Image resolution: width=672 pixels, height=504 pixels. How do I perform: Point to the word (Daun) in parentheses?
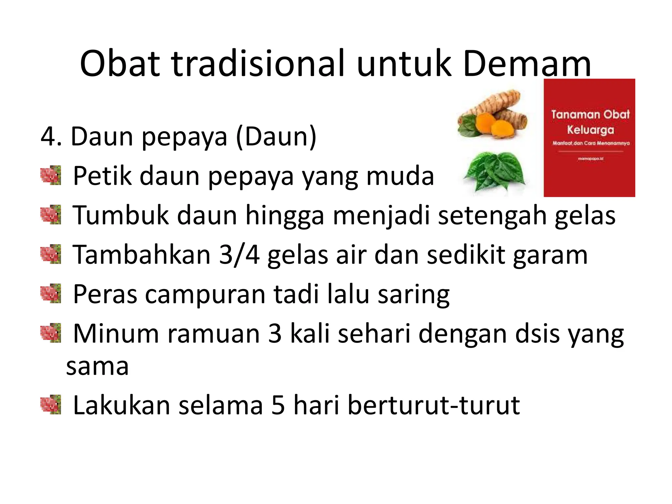click(276, 137)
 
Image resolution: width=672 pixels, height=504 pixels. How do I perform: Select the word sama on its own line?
click(97, 367)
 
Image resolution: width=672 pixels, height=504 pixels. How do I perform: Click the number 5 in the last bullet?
click(278, 406)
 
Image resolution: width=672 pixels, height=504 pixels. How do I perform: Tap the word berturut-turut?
click(433, 406)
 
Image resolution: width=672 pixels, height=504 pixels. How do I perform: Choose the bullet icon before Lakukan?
click(51, 405)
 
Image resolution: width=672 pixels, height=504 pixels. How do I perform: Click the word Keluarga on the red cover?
click(590, 130)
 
